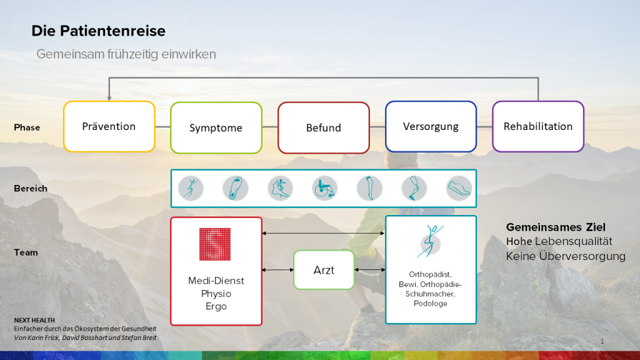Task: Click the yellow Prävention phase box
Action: [x=109, y=126]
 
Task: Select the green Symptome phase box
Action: [x=216, y=127]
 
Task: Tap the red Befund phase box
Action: [x=324, y=127]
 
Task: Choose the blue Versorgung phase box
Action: [x=431, y=126]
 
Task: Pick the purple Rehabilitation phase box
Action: [x=538, y=126]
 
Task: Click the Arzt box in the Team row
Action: [x=324, y=270]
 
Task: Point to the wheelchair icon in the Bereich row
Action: [x=325, y=189]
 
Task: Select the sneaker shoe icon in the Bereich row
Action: [x=459, y=189]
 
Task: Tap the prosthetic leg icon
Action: [x=414, y=189]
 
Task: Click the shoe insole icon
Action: [x=236, y=189]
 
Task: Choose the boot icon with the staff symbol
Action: [x=281, y=189]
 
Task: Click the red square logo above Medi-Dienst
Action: [x=215, y=244]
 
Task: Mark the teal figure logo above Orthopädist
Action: [x=430, y=241]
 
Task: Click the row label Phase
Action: [x=27, y=127]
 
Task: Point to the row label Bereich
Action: [x=31, y=189]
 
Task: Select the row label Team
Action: [x=26, y=252]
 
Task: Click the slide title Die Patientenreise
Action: [x=98, y=31]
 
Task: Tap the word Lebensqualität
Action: [x=574, y=242]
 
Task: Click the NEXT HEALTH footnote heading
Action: [x=34, y=321]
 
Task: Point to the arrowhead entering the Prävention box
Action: [x=109, y=98]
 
